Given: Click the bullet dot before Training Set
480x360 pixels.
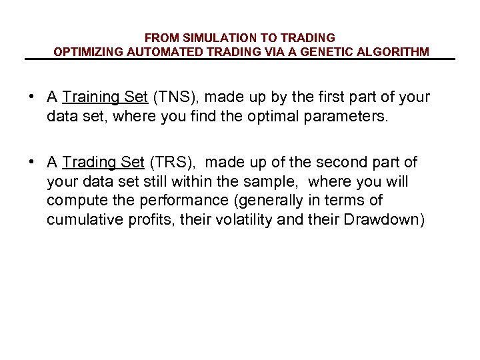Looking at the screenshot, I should (x=31, y=97).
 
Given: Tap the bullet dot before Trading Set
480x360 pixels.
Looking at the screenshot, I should (x=31, y=161).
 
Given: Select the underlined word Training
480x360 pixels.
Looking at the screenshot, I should (x=91, y=97).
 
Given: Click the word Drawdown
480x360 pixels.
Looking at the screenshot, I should (x=382, y=220).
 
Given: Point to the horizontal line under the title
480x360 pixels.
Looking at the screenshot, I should (x=240, y=60).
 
